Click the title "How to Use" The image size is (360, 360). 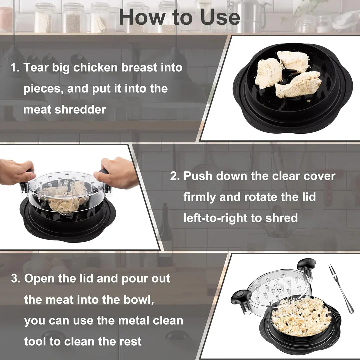pos(179,17)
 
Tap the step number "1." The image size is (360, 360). pos(15,68)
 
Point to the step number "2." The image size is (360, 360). pos(175,176)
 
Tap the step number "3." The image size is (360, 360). pos(16,279)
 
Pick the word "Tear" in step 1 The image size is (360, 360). pos(35,68)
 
